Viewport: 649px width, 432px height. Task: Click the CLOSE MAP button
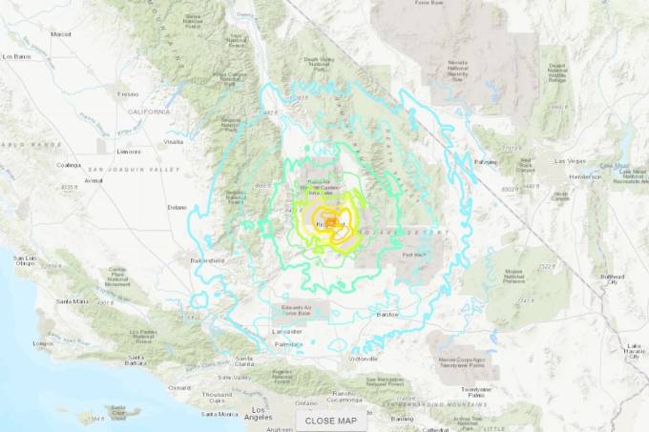pos(331,420)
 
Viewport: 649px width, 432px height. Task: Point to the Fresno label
pos(102,94)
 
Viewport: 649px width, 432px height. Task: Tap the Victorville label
pos(365,360)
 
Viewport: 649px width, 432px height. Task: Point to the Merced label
pos(61,34)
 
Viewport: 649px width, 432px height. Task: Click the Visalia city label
pos(173,141)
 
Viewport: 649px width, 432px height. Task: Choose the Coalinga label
pos(69,165)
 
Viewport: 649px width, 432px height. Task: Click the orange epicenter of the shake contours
pos(330,223)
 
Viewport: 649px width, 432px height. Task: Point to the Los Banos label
pos(18,56)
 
